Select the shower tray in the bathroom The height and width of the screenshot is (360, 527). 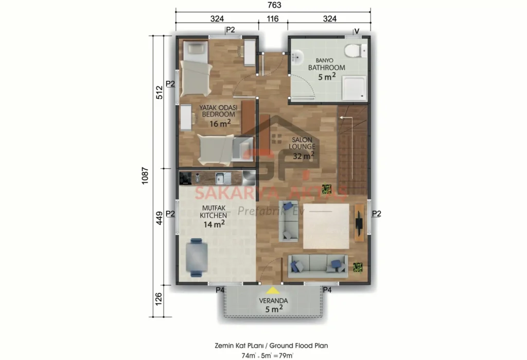[x=355, y=88]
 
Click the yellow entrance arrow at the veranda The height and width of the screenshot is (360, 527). [x=268, y=291]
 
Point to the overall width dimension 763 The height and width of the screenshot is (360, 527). [x=273, y=5]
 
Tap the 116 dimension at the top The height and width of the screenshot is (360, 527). [x=273, y=19]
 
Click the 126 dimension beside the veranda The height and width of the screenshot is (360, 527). [x=159, y=300]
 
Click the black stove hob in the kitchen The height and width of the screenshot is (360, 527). [x=185, y=178]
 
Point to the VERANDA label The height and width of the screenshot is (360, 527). [x=274, y=301]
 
